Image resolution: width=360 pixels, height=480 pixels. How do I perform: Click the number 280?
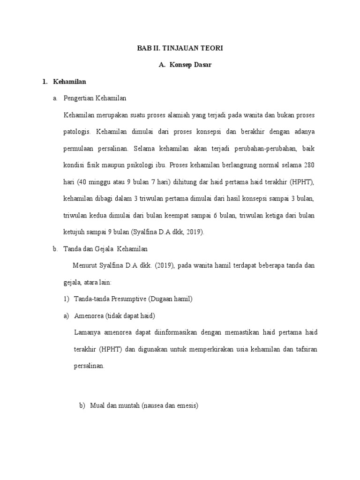309,165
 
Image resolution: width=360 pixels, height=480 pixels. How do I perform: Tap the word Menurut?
85,265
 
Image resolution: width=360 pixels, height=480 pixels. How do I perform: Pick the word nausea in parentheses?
154,407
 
